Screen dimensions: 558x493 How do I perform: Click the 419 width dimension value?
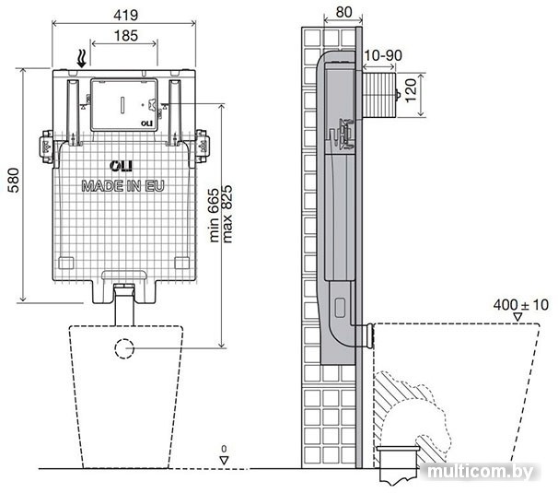[x=125, y=15]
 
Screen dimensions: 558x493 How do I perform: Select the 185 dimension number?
[x=126, y=36]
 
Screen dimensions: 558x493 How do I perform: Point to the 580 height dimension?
[x=14, y=181]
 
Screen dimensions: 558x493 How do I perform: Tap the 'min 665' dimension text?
[x=215, y=216]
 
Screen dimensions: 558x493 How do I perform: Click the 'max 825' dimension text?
[x=227, y=214]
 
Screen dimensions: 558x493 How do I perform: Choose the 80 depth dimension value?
[x=343, y=12]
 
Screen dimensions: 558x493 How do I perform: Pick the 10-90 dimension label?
[x=383, y=55]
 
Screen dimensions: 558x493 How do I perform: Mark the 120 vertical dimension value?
[x=411, y=91]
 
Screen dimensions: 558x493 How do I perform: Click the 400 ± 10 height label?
[x=520, y=305]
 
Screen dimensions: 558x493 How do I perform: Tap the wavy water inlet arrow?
[x=82, y=58]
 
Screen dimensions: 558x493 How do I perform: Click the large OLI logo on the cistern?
[x=121, y=166]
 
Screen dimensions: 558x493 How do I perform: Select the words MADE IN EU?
[x=122, y=186]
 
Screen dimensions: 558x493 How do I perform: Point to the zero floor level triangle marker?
[x=224, y=460]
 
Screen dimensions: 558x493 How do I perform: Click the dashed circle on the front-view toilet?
[x=124, y=348]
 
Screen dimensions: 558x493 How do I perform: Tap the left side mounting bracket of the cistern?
[x=47, y=147]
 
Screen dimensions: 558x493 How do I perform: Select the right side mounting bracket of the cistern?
[x=202, y=147]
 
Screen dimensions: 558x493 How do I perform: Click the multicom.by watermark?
[x=481, y=472]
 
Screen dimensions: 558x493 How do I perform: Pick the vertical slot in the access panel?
[x=122, y=105]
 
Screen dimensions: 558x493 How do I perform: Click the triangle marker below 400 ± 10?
[x=517, y=317]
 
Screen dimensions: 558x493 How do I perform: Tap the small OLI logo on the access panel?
[x=146, y=123]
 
